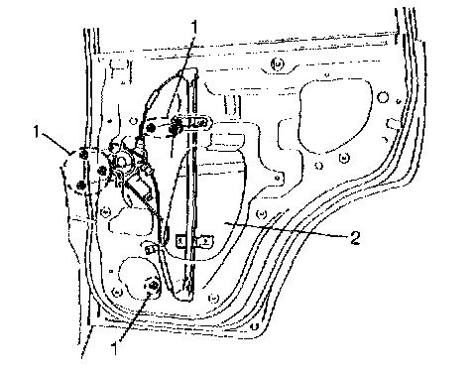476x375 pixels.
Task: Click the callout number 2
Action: coord(354,238)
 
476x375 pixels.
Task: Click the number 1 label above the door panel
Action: coord(194,27)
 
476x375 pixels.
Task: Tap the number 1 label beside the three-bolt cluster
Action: coord(37,132)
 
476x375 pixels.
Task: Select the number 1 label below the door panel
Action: coord(115,349)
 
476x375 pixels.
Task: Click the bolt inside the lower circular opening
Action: coord(154,285)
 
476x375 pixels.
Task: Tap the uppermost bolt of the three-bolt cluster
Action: coord(83,154)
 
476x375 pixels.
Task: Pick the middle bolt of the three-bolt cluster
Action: coord(102,171)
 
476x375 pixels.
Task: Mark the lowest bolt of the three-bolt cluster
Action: coord(80,186)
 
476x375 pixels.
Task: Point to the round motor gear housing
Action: coord(121,162)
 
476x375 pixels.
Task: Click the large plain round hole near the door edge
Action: coord(383,97)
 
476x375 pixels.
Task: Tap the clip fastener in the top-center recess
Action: coord(277,63)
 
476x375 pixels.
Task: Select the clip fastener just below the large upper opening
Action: coord(344,159)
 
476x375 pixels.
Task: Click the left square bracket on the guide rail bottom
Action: coord(180,241)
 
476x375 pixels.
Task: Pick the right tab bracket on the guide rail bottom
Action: coord(205,241)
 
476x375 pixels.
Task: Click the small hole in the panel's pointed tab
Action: coord(278,179)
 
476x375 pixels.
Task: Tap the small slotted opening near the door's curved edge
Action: coord(394,124)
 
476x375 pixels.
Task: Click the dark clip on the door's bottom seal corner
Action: coord(254,326)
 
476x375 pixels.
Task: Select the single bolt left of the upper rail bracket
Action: coord(152,127)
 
